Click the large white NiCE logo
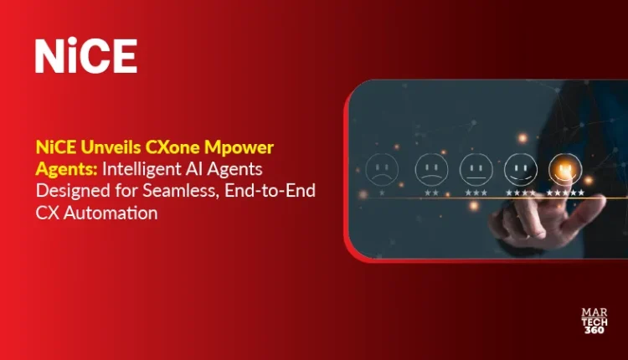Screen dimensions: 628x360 [86, 55]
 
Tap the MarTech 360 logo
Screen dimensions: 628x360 [595, 321]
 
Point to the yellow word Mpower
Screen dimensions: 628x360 [239, 148]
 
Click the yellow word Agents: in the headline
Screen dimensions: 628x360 [66, 170]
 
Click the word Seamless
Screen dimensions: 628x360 [181, 192]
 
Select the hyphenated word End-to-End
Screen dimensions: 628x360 [270, 191]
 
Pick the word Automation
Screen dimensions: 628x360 [111, 213]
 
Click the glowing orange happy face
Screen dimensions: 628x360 [565, 168]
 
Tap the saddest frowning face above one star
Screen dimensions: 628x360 [382, 169]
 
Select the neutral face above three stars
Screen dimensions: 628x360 [476, 169]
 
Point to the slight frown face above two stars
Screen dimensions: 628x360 [431, 169]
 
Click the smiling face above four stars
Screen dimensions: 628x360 [520, 169]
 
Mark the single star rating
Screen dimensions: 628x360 [382, 193]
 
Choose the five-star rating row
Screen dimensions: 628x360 [565, 193]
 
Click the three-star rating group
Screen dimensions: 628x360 [476, 193]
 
